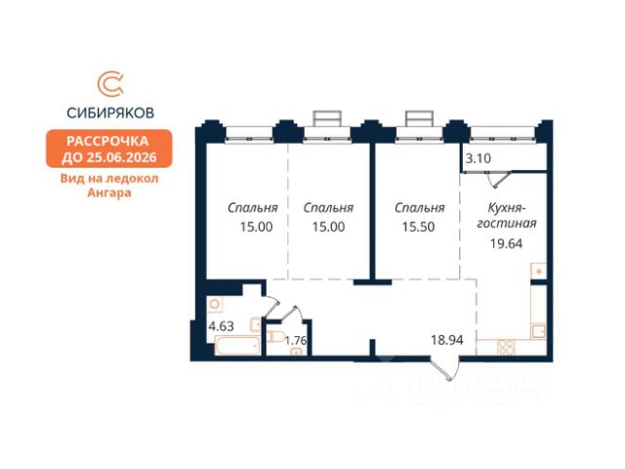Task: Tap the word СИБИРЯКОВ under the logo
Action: [x=110, y=113]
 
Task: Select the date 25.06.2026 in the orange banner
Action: [x=122, y=157]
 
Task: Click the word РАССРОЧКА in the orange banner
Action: [x=107, y=141]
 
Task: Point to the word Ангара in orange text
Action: [x=109, y=192]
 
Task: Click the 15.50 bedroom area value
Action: [x=418, y=227]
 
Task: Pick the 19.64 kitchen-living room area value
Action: [x=506, y=243]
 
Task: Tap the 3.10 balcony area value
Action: [x=479, y=158]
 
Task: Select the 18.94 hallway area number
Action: [x=447, y=340]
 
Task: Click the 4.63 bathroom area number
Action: [x=222, y=326]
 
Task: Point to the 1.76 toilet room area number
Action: [x=296, y=341]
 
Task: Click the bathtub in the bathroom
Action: [x=237, y=345]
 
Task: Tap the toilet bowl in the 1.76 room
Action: [x=275, y=336]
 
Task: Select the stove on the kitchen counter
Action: [x=506, y=347]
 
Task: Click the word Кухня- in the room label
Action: [x=508, y=208]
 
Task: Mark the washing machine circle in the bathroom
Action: [x=215, y=304]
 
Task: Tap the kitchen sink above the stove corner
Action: [x=538, y=331]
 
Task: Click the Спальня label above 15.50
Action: [x=420, y=208]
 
